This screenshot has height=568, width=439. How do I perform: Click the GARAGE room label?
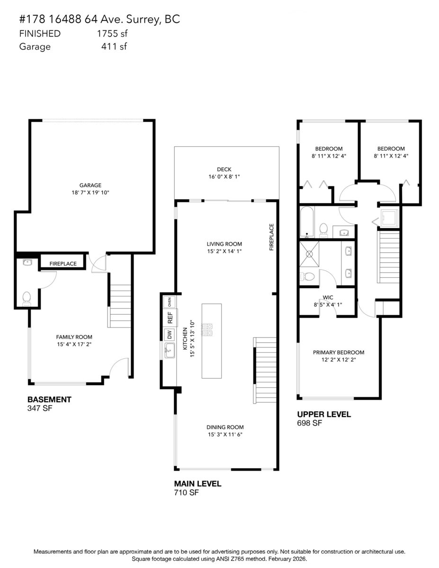tap(90, 186)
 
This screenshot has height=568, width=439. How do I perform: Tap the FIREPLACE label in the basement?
tap(63, 264)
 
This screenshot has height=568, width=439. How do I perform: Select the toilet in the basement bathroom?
tap(27, 297)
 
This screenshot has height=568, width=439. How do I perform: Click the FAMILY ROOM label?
tap(74, 337)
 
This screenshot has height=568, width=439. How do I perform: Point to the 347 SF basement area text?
tap(40, 408)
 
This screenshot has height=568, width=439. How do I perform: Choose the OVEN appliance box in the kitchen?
tap(169, 302)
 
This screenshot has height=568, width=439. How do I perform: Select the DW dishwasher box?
tap(169, 335)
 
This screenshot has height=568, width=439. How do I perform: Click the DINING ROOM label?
tap(225, 427)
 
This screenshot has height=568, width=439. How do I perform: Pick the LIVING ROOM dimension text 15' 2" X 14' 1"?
tap(225, 251)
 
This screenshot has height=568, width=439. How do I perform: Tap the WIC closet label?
tap(328, 298)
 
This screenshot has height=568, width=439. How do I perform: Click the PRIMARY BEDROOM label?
tap(339, 352)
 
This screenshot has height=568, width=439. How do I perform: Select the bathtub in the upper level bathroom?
tap(307, 222)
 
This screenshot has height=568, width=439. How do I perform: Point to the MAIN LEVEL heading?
tap(197, 484)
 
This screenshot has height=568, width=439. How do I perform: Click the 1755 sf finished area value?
tap(112, 34)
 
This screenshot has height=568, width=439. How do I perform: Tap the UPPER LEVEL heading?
tap(324, 415)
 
